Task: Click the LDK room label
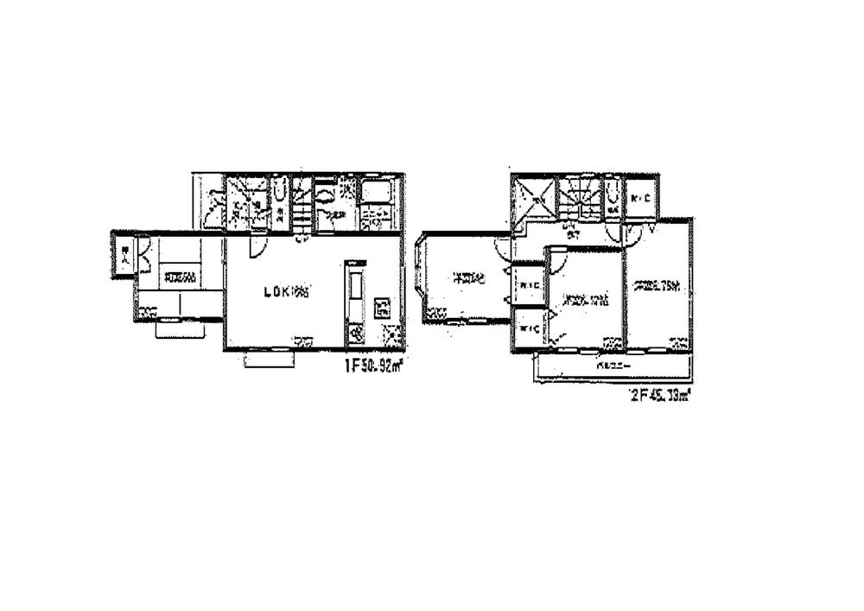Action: (x=286, y=292)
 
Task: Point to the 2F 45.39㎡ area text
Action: (x=659, y=397)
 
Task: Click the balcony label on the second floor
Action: (x=612, y=366)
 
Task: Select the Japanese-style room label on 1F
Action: (x=180, y=277)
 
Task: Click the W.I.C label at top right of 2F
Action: (x=641, y=200)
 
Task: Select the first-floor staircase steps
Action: (x=302, y=207)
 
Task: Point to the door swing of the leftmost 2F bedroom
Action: (x=501, y=249)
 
